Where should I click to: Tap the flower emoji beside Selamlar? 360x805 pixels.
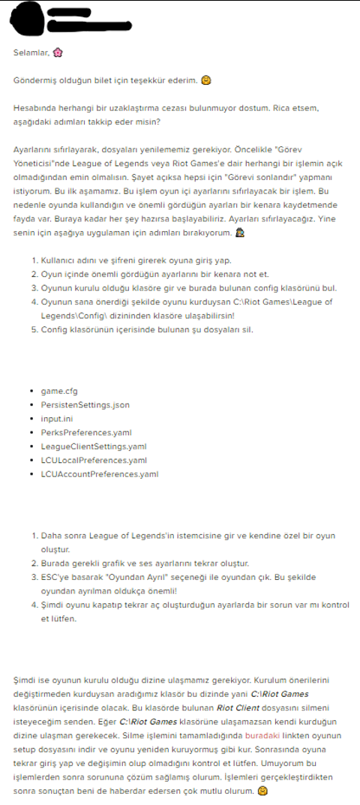click(58, 53)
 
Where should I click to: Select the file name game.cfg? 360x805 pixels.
click(59, 392)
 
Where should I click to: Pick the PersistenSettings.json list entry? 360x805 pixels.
click(85, 405)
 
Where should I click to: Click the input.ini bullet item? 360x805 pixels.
click(57, 419)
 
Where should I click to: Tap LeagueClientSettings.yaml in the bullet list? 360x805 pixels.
click(94, 446)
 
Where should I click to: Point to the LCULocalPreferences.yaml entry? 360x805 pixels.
click(94, 460)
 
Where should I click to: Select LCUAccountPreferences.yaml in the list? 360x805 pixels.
click(100, 474)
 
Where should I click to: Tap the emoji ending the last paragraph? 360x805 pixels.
click(262, 791)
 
